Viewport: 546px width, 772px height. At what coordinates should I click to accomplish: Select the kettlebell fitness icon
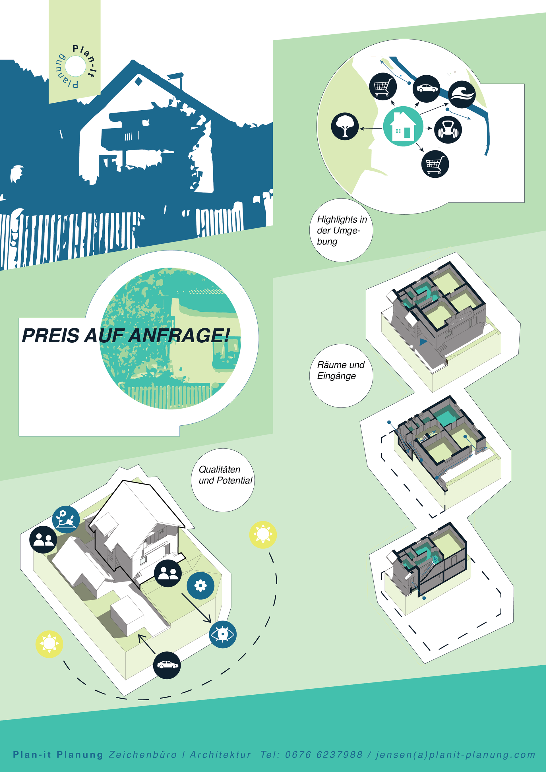pos(448,130)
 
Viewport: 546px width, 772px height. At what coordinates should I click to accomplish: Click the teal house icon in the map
pos(403,127)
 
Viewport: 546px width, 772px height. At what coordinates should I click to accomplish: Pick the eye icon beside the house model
pos(223,634)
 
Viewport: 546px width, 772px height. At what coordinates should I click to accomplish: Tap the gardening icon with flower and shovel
pos(66,519)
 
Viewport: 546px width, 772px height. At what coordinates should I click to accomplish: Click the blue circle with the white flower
pos(200,585)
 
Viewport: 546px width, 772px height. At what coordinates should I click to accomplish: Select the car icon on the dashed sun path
pos(167,665)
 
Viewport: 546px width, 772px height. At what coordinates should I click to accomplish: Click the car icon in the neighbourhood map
pos(427,88)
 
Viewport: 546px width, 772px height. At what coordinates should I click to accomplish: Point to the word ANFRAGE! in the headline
pos(179,336)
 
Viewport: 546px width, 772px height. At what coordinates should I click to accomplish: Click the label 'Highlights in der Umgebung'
pos(341,230)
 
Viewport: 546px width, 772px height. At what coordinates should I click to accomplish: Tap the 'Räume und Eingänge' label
pos(341,370)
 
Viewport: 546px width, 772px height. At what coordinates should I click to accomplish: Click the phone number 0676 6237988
pos(324,755)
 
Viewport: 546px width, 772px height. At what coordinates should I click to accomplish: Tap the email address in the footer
pos(455,755)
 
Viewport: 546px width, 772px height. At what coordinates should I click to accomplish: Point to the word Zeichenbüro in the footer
pos(142,755)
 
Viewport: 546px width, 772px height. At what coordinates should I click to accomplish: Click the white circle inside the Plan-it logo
pos(75,66)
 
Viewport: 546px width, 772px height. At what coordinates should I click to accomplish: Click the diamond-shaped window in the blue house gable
pos(138,81)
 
